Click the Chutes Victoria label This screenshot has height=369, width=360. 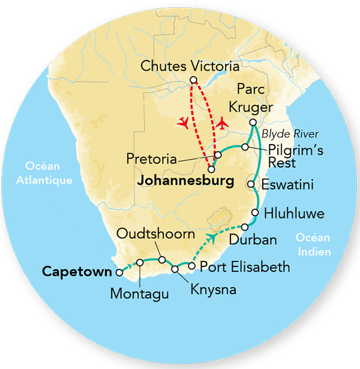(x=190, y=66)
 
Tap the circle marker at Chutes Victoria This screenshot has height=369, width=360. (x=193, y=80)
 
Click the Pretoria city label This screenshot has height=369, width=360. (x=152, y=160)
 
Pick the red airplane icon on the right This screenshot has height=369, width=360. (x=224, y=124)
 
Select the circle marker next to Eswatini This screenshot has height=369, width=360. (x=251, y=184)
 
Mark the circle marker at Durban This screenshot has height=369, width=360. (x=245, y=227)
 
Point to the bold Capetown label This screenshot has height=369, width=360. (x=77, y=272)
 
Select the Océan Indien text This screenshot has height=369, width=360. (x=313, y=245)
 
